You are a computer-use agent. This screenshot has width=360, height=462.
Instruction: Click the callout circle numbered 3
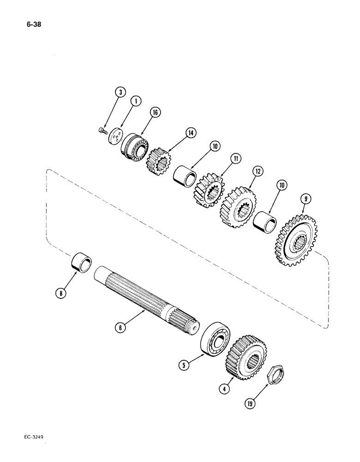coord(120,92)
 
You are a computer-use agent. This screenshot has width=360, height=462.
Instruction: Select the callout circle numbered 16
coord(155,113)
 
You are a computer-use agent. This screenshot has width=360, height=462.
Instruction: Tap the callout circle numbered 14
coord(190,133)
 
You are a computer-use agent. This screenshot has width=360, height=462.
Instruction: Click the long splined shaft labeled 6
coord(148,295)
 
